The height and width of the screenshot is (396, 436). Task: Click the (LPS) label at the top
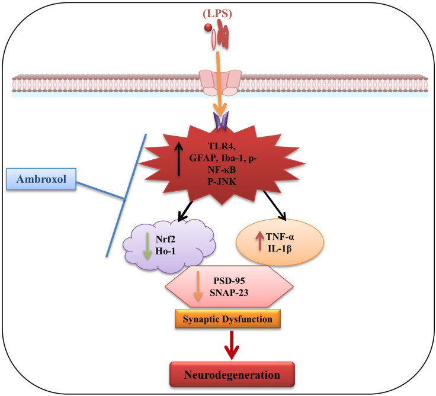(217, 14)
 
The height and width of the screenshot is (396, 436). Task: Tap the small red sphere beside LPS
(208, 27)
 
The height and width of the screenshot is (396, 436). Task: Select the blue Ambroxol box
(41, 179)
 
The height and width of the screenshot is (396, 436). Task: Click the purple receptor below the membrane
(221, 121)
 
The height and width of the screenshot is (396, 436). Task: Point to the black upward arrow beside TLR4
(178, 159)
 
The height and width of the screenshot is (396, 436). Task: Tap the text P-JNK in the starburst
(222, 182)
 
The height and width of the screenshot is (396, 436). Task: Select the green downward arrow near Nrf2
(147, 246)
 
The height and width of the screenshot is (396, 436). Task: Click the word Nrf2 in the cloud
(165, 239)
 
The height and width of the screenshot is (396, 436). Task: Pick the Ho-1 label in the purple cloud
(165, 251)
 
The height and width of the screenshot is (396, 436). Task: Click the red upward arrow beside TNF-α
(259, 240)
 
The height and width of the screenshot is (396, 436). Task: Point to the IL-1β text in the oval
(280, 249)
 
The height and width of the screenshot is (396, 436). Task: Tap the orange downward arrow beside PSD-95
(198, 286)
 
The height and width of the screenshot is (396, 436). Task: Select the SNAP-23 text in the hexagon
(229, 292)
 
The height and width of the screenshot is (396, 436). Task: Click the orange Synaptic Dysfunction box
(227, 318)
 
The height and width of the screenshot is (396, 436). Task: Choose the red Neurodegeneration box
(232, 375)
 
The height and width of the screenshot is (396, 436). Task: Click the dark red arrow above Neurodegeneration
(232, 345)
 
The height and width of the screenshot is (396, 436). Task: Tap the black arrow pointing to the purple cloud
(185, 211)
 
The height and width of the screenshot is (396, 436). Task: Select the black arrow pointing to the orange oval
(275, 205)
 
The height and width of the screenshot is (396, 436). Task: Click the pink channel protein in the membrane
(220, 82)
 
